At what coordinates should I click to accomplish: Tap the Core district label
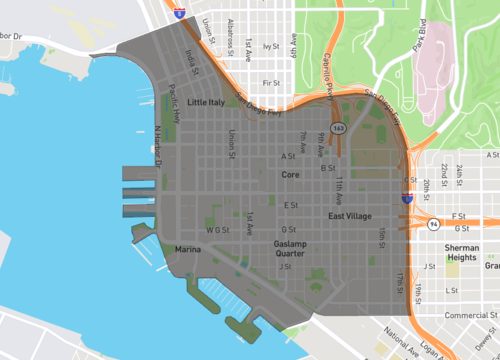290,175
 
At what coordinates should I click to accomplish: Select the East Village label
350,216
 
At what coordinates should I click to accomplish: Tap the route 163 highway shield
339,128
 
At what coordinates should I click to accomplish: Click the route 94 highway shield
432,224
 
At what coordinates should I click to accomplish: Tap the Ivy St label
268,46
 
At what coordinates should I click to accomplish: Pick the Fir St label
269,83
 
